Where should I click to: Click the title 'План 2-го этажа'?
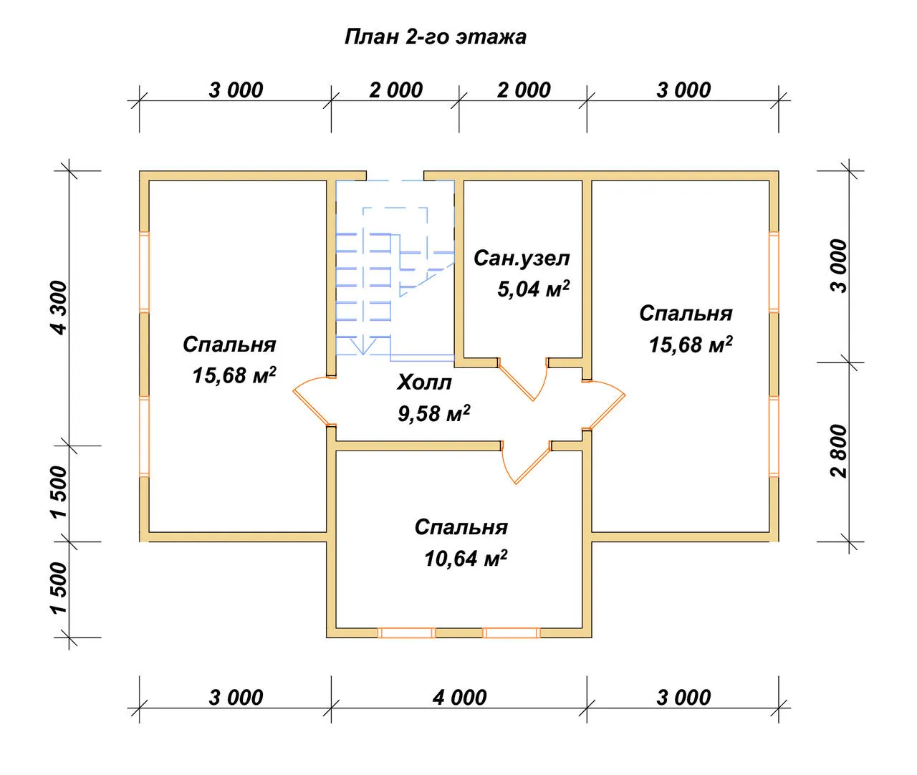(x=435, y=37)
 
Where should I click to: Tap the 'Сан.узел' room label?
(x=522, y=259)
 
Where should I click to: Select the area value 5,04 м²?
(x=533, y=289)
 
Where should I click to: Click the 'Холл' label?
(x=424, y=382)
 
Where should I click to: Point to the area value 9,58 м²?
(x=433, y=413)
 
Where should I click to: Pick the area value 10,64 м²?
(x=466, y=559)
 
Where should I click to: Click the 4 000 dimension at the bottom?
(x=459, y=698)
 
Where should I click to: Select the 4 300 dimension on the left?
(x=59, y=307)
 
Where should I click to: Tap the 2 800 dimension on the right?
(x=839, y=451)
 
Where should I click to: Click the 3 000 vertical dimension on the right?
(x=839, y=266)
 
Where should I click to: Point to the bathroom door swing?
(x=524, y=379)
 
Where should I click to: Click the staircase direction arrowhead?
(x=363, y=346)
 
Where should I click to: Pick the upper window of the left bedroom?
(x=144, y=271)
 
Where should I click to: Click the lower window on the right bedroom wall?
(x=774, y=436)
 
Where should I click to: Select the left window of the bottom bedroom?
(x=406, y=632)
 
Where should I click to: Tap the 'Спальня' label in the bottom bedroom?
(x=461, y=527)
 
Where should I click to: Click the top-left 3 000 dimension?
(x=236, y=90)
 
